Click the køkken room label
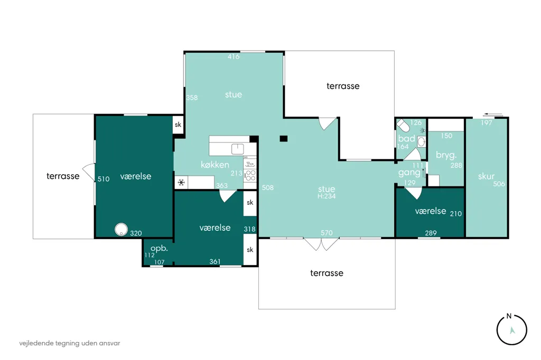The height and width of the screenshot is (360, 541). pos(214,165)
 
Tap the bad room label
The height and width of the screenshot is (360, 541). pos(406,139)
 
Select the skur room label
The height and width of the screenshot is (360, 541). pos(486,176)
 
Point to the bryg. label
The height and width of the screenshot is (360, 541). pos(446,155)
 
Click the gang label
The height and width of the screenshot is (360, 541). pos(409,173)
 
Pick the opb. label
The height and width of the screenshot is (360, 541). pos(159,248)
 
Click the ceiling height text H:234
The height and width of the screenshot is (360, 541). pos(327,196)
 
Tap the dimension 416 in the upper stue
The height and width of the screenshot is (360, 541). pos(234,56)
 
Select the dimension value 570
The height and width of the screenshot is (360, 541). pos(327,233)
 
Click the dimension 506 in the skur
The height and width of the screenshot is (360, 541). pos(499,184)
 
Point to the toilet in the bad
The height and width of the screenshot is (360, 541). pos(403,125)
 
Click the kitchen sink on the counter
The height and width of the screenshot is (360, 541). pos(237,149)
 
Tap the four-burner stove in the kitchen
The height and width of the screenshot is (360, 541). pos(250,176)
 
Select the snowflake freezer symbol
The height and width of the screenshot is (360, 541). pos(181,183)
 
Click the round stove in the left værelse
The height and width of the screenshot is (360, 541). pos(121,230)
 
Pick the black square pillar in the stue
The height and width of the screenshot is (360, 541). pos(283,139)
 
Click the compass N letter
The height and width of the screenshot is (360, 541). pos(509,316)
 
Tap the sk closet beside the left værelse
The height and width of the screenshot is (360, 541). pos(178,125)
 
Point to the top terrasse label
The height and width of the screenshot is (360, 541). pos(343,86)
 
